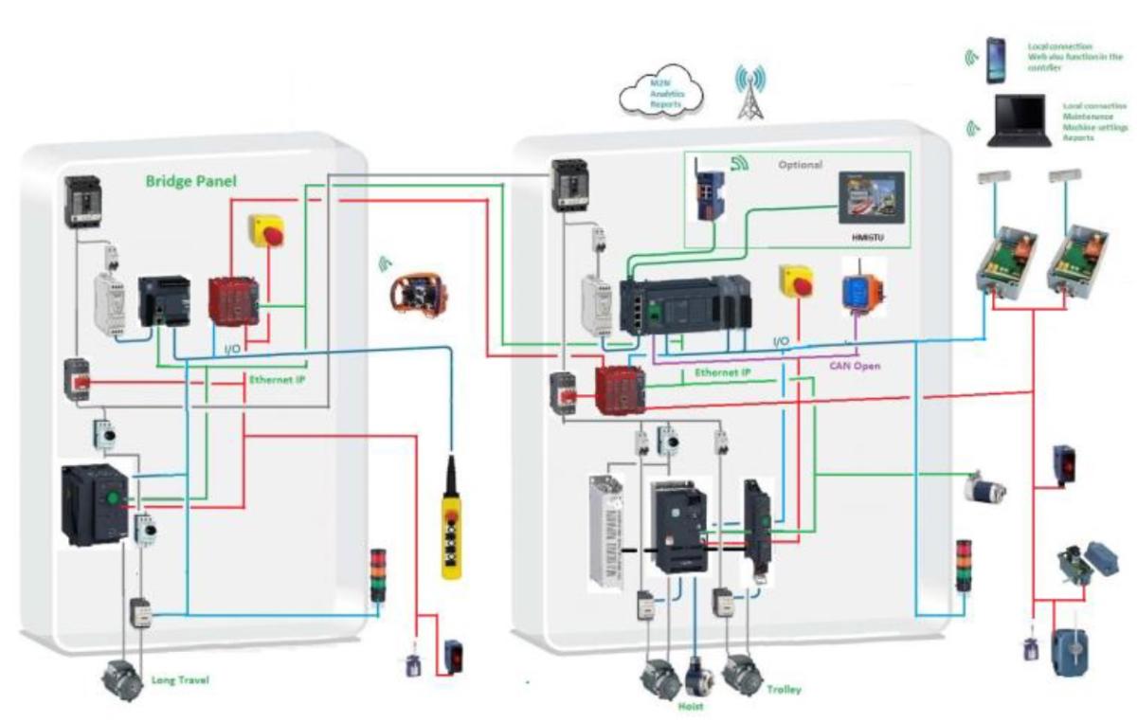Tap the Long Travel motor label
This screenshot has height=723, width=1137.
click(180, 679)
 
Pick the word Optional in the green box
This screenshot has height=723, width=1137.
click(801, 164)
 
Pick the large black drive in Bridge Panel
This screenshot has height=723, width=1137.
click(94, 504)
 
